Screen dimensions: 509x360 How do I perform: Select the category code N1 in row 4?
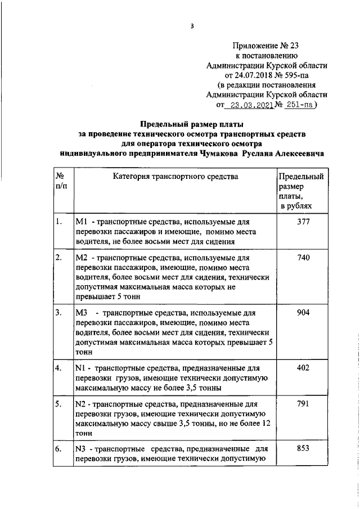coord(80,367)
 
